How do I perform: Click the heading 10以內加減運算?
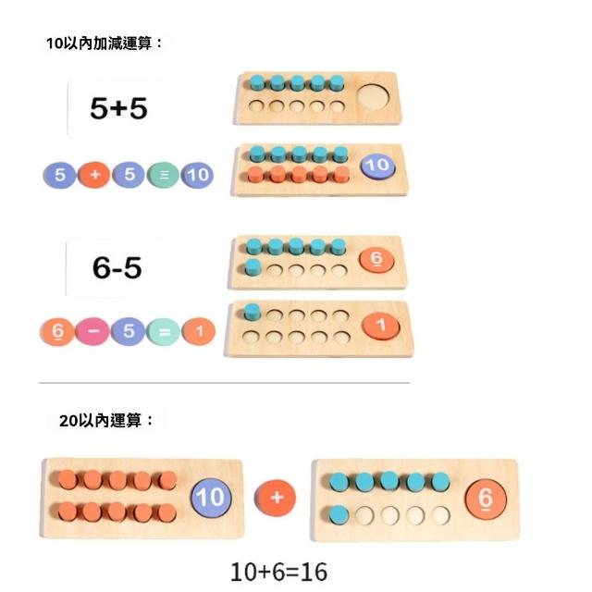105,43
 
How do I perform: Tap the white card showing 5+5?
117,108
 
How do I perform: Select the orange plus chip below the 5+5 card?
93,175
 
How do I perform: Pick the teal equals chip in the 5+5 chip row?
163,175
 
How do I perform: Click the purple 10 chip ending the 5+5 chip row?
197,175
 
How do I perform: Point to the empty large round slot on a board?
373,96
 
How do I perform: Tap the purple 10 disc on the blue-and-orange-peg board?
376,166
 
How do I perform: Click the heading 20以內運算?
107,420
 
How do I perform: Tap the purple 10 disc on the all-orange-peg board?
211,498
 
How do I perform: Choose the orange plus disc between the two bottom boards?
275,498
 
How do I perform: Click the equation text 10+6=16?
279,572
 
